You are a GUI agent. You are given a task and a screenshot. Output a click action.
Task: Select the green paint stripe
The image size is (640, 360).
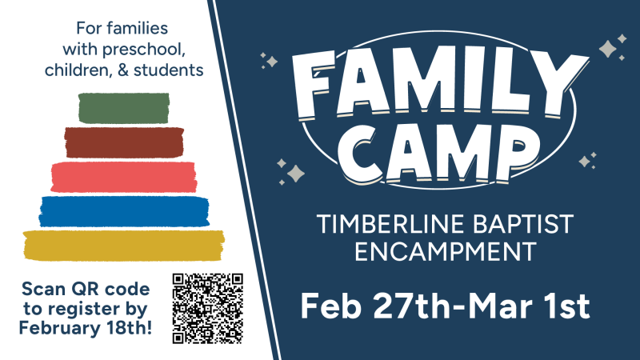click(x=124, y=109)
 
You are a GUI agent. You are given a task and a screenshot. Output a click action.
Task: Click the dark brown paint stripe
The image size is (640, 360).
click(x=124, y=142)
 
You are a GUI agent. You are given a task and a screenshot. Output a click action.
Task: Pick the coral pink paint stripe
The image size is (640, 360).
click(x=124, y=176)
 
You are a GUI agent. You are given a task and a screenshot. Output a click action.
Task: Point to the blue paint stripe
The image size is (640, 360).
click(x=124, y=210)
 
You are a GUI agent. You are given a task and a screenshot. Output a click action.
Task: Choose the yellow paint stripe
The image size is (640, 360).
click(x=124, y=245)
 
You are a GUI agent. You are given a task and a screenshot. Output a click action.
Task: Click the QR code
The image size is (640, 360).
click(x=207, y=308)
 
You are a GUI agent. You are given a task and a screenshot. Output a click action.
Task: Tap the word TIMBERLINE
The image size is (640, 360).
click(x=378, y=225)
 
